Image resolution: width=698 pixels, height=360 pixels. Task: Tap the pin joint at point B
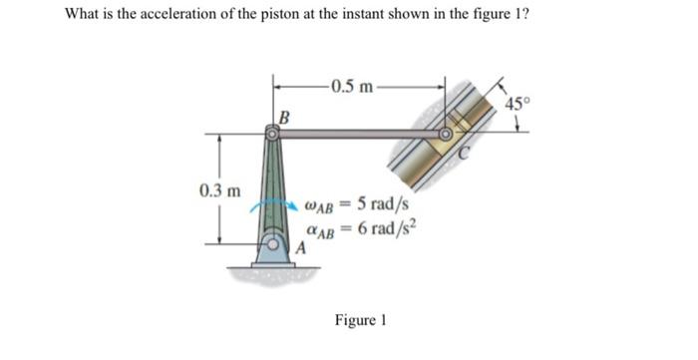tap(272, 132)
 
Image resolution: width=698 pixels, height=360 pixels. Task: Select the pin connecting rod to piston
tap(446, 133)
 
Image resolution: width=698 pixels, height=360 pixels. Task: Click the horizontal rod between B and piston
tap(359, 133)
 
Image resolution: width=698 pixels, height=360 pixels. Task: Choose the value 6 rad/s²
tap(382, 228)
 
